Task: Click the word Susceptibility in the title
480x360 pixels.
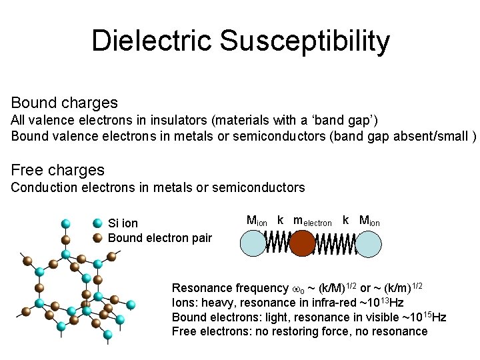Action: [305, 42]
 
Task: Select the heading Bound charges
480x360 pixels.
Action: [65, 103]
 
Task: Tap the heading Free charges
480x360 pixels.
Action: [58, 170]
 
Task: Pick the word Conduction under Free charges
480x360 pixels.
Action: [43, 187]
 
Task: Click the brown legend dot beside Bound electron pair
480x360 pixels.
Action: [97, 238]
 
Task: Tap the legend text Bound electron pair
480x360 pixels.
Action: [159, 238]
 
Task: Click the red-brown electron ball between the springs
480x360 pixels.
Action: [301, 243]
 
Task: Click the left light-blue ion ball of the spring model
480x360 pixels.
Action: [253, 243]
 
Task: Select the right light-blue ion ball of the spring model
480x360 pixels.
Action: [368, 243]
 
